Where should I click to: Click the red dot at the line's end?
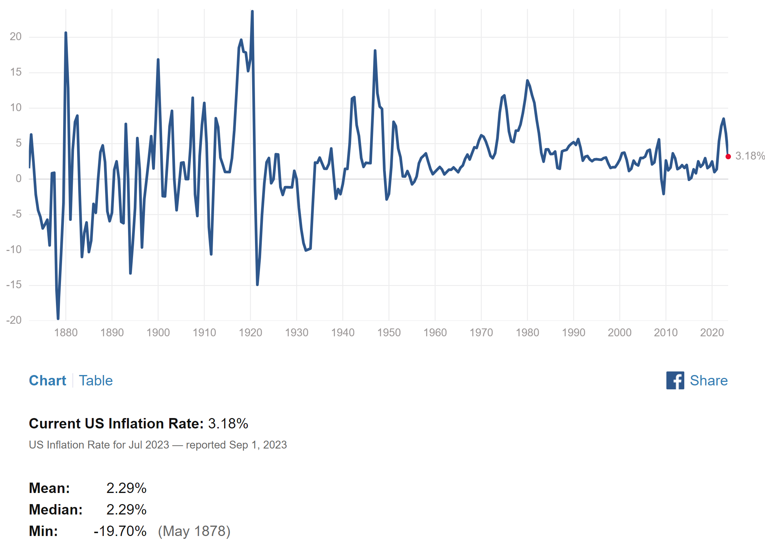tap(728, 157)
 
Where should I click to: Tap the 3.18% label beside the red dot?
tap(750, 156)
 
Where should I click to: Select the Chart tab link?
tap(47, 380)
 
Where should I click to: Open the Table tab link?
tap(96, 380)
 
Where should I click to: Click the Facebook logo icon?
tap(675, 380)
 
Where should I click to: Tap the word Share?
tap(709, 380)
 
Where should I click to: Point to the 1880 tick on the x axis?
tap(66, 333)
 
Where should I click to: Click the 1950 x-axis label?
tap(389, 333)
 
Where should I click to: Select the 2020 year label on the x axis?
tap(712, 333)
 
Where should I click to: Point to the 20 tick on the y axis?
tap(16, 37)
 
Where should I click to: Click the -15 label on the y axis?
tap(14, 285)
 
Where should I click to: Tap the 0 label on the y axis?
tap(19, 179)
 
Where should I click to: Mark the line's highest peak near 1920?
tap(252, 12)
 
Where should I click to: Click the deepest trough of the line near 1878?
tap(58, 318)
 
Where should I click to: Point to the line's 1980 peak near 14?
tap(527, 81)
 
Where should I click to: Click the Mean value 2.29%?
tap(126, 488)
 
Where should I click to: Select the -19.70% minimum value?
tap(120, 531)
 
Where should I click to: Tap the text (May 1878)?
tap(194, 531)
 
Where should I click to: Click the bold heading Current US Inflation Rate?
tap(116, 424)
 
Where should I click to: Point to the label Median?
tap(56, 510)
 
